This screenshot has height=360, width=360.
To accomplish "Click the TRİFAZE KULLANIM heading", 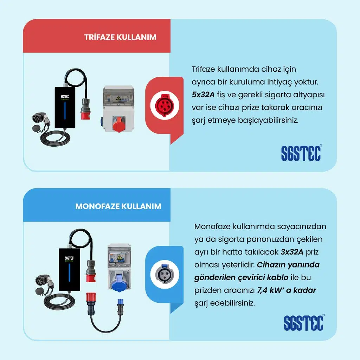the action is (120, 37).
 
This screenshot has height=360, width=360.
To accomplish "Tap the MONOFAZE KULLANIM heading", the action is (118, 206).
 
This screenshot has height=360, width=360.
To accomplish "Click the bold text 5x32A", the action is (203, 95).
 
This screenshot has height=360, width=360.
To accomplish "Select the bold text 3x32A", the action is (292, 252).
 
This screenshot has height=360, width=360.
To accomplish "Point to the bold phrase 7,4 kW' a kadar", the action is (287, 290).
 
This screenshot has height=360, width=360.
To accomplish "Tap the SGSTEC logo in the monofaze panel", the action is (304, 322).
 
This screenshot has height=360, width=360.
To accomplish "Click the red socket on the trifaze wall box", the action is (118, 124).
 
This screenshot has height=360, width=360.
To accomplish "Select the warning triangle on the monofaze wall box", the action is (119, 257).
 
